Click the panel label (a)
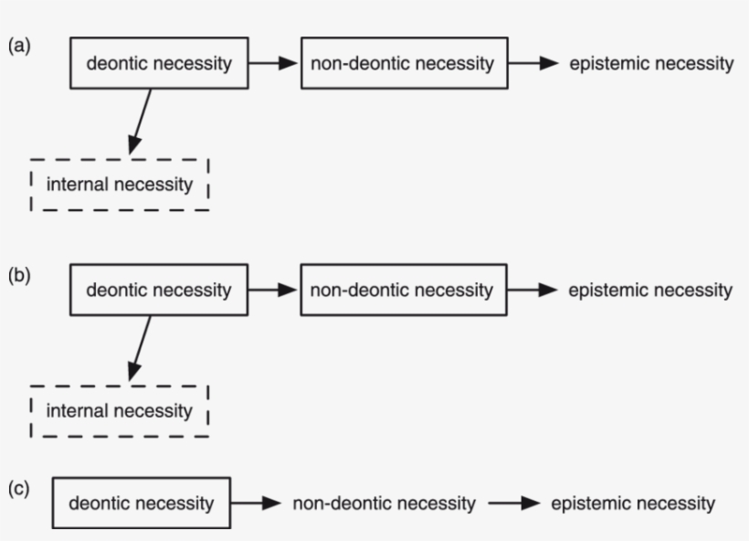(18, 47)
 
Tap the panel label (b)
(18, 274)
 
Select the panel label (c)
(18, 489)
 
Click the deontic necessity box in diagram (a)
(159, 63)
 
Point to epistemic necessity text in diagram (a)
(651, 63)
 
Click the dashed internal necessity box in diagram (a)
(120, 185)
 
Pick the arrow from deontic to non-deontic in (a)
(274, 63)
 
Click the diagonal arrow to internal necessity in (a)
(142, 121)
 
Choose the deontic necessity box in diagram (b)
(159, 291)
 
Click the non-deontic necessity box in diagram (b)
(402, 291)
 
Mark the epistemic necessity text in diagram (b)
(650, 291)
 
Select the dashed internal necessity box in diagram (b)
(120, 410)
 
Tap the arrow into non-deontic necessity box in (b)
(274, 291)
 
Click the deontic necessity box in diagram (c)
(142, 503)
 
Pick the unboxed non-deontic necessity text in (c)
(384, 503)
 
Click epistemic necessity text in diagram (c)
(633, 503)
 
